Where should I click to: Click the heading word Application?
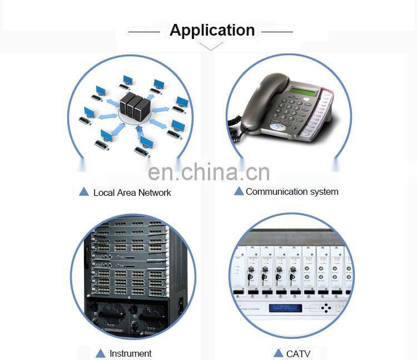click(212, 30)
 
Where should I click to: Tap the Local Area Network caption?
click(132, 193)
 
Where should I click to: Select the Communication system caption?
click(292, 191)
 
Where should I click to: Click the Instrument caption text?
click(130, 353)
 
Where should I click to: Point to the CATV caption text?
click(298, 353)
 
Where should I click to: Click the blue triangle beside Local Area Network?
click(84, 192)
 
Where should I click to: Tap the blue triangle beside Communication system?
click(239, 191)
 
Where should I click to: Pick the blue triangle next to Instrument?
click(100, 353)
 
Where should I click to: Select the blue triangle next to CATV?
click(278, 353)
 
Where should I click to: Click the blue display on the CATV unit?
click(285, 308)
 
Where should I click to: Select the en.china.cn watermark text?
click(209, 172)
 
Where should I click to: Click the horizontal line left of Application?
click(144, 32)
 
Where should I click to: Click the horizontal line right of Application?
click(277, 32)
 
